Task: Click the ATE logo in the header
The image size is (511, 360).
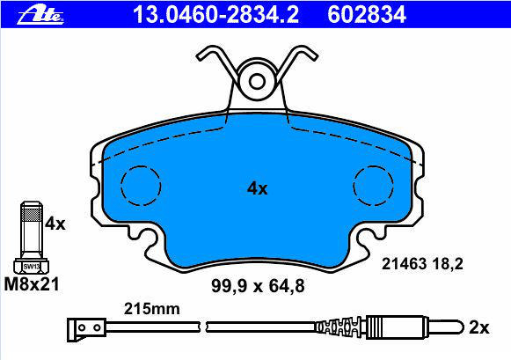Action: pos(40,15)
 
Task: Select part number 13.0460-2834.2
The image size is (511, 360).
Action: pos(215,15)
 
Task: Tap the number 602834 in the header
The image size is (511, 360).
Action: pos(367,15)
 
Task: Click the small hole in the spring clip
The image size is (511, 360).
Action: pos(257,82)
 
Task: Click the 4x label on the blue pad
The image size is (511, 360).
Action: pos(257,188)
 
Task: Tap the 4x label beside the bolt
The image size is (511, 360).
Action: pos(55,224)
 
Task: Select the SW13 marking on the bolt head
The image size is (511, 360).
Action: pos(32,267)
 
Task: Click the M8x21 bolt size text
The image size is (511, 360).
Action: pos(32,284)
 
